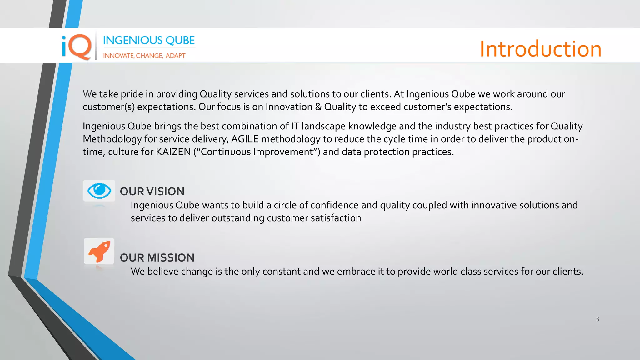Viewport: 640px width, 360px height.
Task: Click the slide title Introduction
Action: pyautogui.click(x=540, y=49)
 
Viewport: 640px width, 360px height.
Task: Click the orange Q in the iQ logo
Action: pyautogui.click(x=80, y=47)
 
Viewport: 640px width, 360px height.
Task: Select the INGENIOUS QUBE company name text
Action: pyautogui.click(x=149, y=40)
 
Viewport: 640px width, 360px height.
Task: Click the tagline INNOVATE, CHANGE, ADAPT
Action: pyautogui.click(x=144, y=56)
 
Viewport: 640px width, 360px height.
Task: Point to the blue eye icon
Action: pyautogui.click(x=99, y=191)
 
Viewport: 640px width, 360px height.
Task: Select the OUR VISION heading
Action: pyautogui.click(x=152, y=192)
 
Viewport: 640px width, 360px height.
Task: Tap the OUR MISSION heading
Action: pyautogui.click(x=157, y=258)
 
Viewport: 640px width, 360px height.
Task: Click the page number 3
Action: pyautogui.click(x=597, y=319)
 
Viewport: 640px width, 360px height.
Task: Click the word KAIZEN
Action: pyautogui.click(x=173, y=152)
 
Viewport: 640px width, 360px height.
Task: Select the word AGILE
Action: pyautogui.click(x=245, y=139)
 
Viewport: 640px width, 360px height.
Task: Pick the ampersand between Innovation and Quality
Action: pyautogui.click(x=318, y=107)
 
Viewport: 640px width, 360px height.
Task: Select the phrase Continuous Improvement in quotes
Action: pyautogui.click(x=257, y=152)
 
